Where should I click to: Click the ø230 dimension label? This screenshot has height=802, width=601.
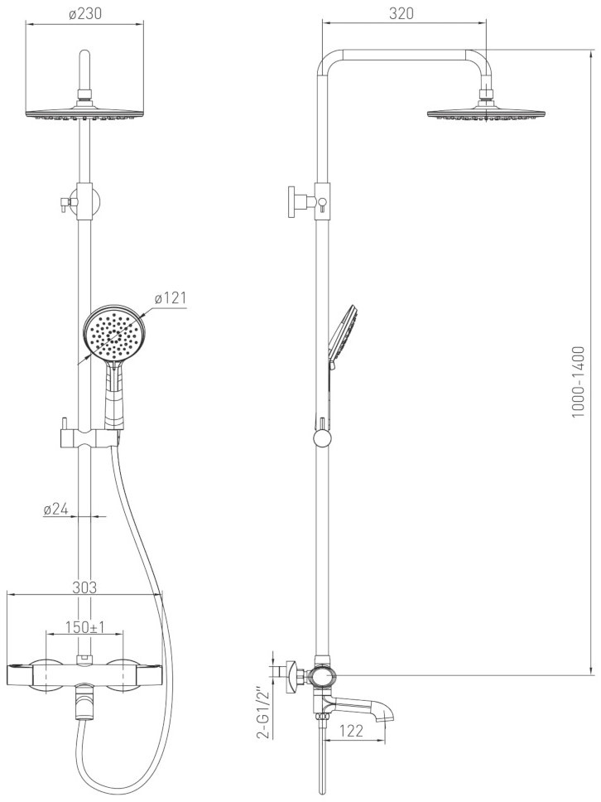(x=84, y=14)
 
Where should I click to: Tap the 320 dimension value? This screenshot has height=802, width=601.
(x=401, y=14)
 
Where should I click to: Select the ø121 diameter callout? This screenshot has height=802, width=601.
(x=171, y=298)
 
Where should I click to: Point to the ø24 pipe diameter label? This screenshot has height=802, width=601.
(x=56, y=509)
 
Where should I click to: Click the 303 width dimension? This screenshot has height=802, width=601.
(x=84, y=587)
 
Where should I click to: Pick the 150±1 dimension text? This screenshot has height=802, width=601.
(x=84, y=626)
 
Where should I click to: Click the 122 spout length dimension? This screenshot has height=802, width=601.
(x=351, y=731)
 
